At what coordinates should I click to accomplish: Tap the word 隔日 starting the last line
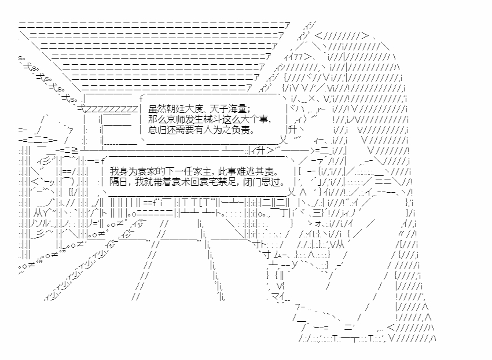(x=118, y=183)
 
